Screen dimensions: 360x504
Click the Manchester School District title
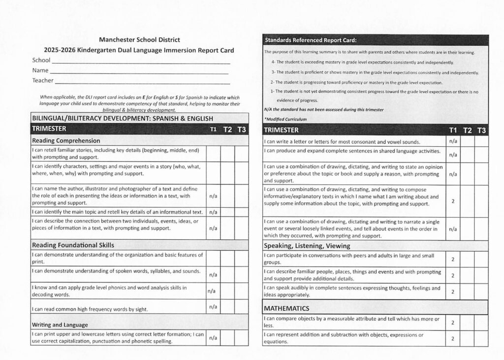139,39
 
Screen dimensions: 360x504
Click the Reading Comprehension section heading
66,140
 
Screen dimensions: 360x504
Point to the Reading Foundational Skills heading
73,245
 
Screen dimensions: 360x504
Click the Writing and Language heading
60,325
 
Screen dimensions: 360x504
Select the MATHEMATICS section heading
286,308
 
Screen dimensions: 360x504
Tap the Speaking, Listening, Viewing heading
307,245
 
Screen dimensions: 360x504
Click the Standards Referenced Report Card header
311,40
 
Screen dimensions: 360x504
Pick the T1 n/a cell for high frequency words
213,307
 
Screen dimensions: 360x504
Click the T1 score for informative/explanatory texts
453,200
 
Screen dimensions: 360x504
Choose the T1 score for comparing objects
453,323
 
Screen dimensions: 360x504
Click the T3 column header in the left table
242,130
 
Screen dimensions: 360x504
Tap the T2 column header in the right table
468,130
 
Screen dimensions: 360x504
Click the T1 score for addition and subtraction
453,338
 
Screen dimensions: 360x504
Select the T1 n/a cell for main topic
213,212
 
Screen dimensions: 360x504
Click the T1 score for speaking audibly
453,291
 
